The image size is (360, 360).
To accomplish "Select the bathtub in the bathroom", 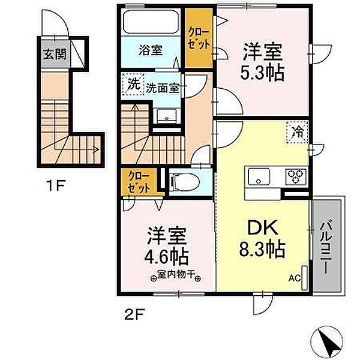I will pos(152,24).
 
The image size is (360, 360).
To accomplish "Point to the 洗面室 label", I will pos(163,88).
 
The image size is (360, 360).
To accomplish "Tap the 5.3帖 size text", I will pos(263,72).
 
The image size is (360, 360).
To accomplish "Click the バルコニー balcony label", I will pos(326,247).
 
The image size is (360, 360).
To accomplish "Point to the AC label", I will pos(295,278).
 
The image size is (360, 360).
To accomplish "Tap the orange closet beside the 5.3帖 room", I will pos(197,38).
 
